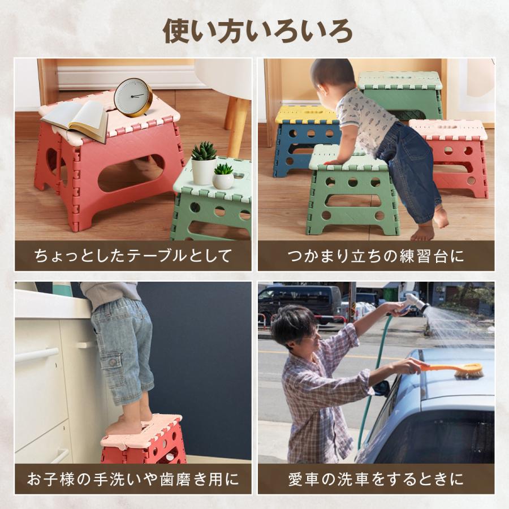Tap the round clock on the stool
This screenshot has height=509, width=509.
pyautogui.click(x=133, y=97)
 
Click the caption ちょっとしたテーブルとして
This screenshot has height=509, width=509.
pyautogui.click(x=133, y=256)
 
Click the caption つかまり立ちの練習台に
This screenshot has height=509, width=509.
pyautogui.click(x=376, y=256)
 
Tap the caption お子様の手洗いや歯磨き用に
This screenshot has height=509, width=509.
pyautogui.click(x=133, y=480)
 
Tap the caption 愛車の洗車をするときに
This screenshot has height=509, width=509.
pyautogui.click(x=376, y=480)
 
